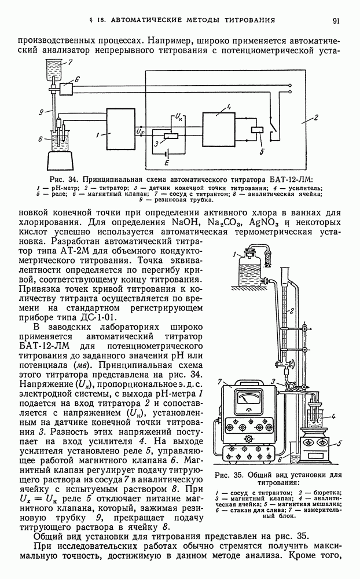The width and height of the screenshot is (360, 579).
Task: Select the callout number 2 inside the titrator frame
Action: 315,118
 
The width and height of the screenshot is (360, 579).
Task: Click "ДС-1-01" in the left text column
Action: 103,317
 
